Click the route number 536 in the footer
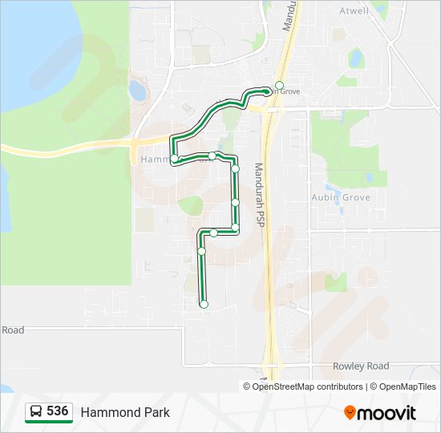click(57, 411)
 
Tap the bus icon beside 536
click(36, 412)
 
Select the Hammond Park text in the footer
click(125, 412)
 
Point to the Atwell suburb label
click(354, 11)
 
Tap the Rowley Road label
click(361, 366)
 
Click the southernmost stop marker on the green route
click(204, 304)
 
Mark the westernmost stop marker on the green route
click(174, 159)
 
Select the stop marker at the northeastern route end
click(279, 85)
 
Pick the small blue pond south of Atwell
click(355, 58)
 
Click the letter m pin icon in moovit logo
click(350, 413)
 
